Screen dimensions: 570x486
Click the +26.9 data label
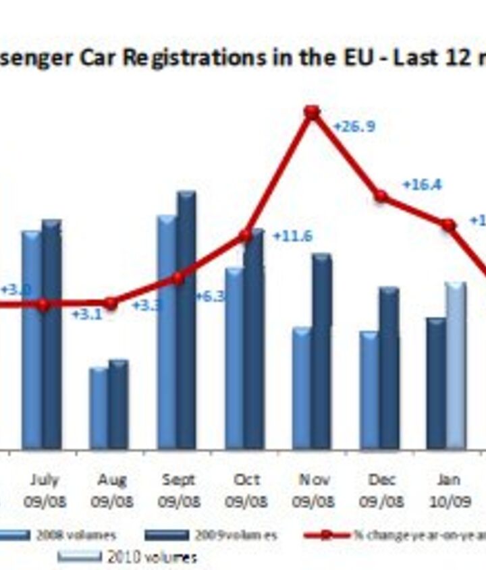coord(354,127)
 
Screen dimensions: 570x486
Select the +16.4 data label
coord(422,185)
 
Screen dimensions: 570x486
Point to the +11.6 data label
coord(292,236)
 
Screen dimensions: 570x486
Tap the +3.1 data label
coord(86,314)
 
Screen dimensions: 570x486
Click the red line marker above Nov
coord(312,112)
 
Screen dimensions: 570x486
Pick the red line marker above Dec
coord(381,196)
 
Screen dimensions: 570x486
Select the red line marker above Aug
coord(111,304)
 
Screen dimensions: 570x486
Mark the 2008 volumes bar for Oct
coord(234,358)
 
